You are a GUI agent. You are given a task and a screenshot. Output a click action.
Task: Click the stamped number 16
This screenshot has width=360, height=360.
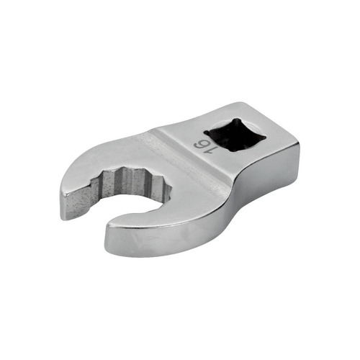pos(201,147)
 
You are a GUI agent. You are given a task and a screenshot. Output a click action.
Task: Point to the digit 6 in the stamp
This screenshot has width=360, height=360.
pos(199,144)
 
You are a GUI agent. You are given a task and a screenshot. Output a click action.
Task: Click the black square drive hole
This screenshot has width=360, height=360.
pos(235,134)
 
